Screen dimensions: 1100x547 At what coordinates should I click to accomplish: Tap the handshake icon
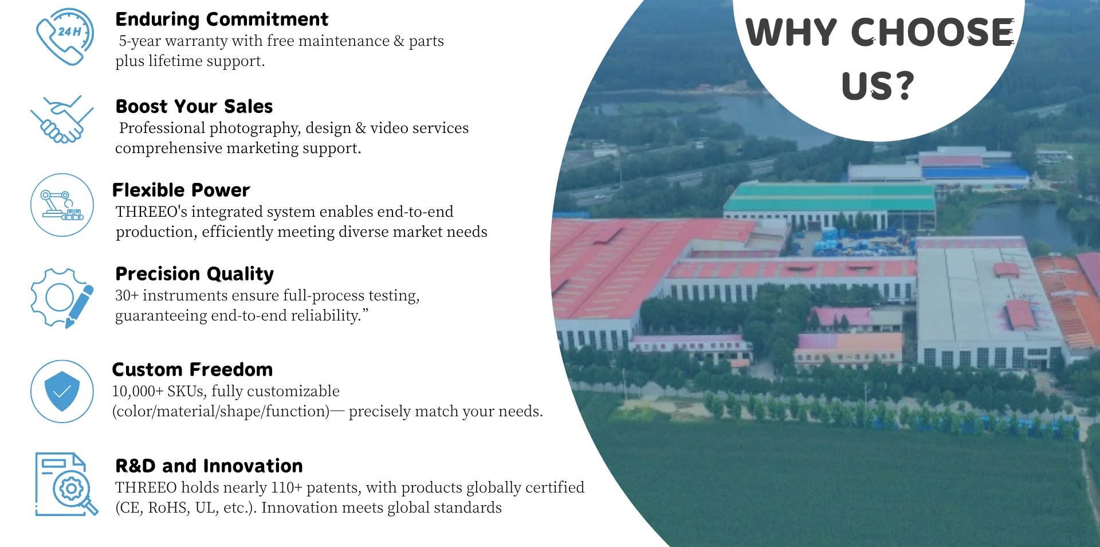(x=62, y=119)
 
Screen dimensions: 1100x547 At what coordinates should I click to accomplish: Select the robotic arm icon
(x=62, y=205)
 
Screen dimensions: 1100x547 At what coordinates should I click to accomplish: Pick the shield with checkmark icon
(x=62, y=392)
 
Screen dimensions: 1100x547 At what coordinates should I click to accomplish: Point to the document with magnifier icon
(x=66, y=485)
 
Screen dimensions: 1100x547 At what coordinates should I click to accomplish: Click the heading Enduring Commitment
(x=222, y=19)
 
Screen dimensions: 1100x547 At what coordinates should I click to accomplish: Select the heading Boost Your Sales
(x=194, y=107)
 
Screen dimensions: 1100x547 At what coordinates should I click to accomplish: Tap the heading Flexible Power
(x=181, y=190)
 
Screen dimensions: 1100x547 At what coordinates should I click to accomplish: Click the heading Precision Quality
(x=195, y=274)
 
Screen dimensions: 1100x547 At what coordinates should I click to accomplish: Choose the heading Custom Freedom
(x=192, y=370)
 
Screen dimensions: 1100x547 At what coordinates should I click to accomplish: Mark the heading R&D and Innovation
(x=209, y=466)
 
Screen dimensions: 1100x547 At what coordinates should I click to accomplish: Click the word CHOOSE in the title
(x=933, y=32)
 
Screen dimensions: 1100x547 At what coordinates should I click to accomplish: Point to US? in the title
(x=878, y=86)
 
